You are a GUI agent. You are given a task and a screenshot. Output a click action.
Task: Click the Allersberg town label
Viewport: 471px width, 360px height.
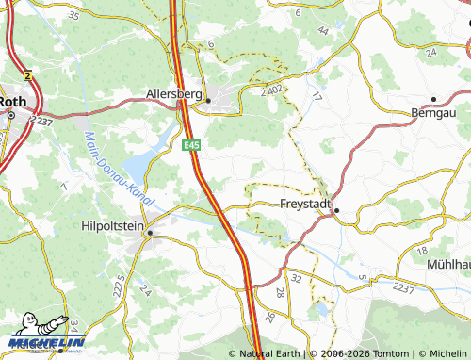pyautogui.click(x=175, y=93)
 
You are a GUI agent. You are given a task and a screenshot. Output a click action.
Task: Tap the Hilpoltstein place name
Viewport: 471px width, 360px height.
pyautogui.click(x=113, y=226)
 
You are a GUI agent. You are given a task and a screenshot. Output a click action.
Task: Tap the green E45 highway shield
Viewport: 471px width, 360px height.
pyautogui.click(x=192, y=144)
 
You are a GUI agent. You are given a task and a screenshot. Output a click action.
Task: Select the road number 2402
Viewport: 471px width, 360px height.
pyautogui.click(x=273, y=90)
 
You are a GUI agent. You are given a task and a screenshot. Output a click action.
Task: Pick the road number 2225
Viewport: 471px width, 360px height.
pyautogui.click(x=118, y=283)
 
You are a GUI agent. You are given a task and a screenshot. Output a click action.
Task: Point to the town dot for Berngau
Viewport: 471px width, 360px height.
pyautogui.click(x=433, y=98)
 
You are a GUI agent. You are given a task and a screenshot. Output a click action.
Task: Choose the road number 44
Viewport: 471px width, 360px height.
pyautogui.click(x=323, y=31)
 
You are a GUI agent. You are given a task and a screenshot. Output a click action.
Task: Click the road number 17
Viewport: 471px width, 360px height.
pyautogui.click(x=317, y=97)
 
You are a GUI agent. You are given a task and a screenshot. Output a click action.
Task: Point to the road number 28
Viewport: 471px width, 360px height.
pyautogui.click(x=281, y=293)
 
